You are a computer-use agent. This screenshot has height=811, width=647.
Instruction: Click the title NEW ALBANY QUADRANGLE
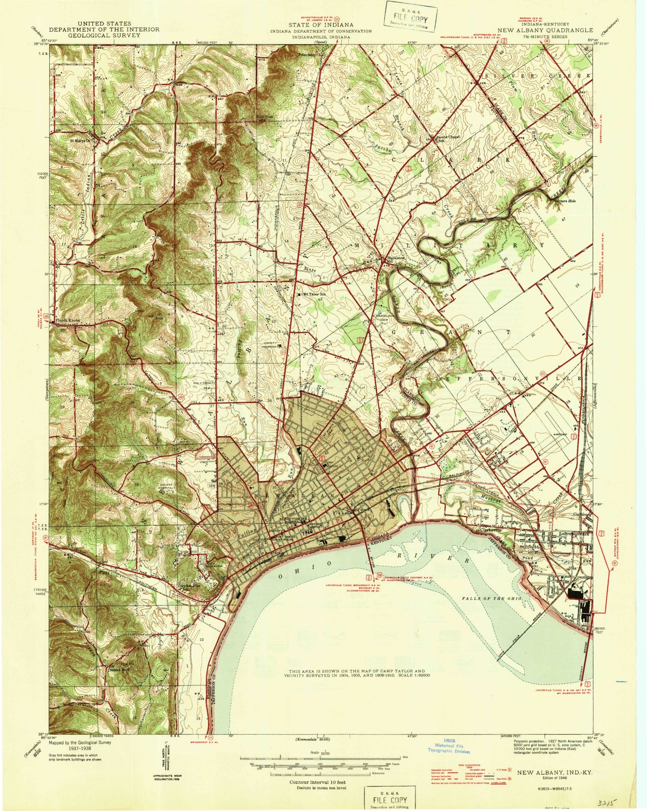pyautogui.click(x=545, y=30)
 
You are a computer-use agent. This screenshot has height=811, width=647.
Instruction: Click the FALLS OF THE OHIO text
pyautogui.click(x=492, y=599)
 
